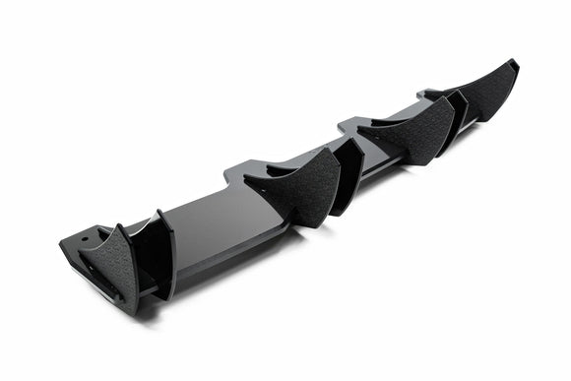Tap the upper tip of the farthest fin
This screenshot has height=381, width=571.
tap(516, 62)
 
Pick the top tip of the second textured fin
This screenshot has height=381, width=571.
tap(338, 148)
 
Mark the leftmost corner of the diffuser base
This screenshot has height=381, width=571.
tap(60, 240)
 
